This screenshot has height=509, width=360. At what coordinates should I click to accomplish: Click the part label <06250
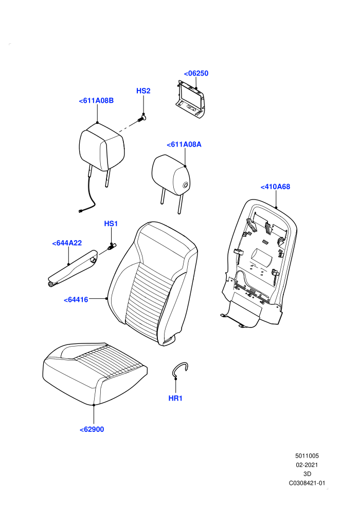pos(196,74)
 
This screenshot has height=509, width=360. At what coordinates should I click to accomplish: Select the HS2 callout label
pos(143,91)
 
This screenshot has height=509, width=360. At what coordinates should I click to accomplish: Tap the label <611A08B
pos(96,101)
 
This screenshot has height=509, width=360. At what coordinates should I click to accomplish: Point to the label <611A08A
pos(184,144)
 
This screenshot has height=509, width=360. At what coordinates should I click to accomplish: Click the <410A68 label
pos(275,187)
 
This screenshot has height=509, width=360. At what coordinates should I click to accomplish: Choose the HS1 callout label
pos(111,224)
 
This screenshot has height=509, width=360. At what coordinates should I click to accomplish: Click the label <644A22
pos(67,243)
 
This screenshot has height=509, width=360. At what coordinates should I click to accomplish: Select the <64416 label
pos(76,300)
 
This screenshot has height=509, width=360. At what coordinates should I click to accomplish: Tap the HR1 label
pos(175,398)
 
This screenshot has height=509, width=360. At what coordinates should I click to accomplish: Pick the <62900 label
pos(92,429)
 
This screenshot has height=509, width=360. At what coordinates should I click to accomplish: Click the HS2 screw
pos(142,118)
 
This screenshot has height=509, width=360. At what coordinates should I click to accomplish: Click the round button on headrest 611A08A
pos(186,186)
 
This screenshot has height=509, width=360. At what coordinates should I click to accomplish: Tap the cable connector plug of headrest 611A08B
pos(80,211)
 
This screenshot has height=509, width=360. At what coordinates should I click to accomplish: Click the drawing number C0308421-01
pos(307,483)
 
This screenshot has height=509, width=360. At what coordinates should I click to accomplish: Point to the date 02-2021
pos(307,465)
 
